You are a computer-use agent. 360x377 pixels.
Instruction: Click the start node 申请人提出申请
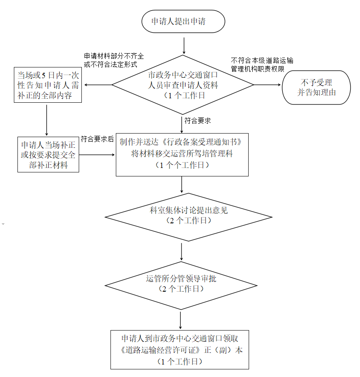click(183, 22)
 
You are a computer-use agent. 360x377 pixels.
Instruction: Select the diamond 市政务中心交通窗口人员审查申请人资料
click(183, 85)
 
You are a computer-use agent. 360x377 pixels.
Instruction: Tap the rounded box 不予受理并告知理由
click(316, 88)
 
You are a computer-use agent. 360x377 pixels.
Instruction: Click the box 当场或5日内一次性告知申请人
click(47, 85)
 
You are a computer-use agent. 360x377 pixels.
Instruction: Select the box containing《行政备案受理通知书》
click(182, 154)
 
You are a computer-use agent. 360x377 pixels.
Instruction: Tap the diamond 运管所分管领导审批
click(181, 284)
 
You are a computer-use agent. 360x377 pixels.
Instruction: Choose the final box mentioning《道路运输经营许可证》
click(180, 350)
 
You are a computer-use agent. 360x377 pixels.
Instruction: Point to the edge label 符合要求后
click(97, 139)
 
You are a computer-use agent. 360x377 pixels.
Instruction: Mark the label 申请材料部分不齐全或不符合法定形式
click(114, 60)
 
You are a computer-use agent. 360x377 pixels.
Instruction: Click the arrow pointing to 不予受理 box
click(267, 85)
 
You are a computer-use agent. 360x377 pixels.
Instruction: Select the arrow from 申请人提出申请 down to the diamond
click(184, 46)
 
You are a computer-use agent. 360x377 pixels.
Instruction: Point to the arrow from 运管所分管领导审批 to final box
click(181, 320)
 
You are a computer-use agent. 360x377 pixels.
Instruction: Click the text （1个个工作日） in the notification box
click(182, 165)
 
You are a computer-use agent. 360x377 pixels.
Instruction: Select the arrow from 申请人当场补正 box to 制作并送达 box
click(97, 155)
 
